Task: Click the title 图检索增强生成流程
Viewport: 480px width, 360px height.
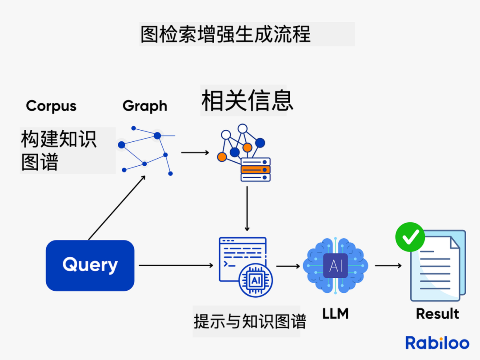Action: coord(225,34)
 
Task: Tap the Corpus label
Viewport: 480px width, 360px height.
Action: coord(51,106)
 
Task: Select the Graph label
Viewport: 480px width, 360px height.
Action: coord(145,106)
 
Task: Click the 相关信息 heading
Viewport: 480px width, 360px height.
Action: coord(247,100)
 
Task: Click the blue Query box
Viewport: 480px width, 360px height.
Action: coord(90,265)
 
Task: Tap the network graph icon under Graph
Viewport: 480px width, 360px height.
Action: coord(146,151)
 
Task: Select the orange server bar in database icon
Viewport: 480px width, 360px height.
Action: coord(256,169)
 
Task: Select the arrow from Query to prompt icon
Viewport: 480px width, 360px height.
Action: coord(176,265)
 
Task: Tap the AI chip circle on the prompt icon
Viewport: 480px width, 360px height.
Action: coord(256,280)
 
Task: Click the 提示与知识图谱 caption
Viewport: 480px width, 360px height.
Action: coord(250,321)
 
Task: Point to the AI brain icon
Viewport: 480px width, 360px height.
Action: coord(336,266)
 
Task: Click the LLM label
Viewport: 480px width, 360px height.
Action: coord(336,314)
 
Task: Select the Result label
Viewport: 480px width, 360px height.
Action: coord(437,314)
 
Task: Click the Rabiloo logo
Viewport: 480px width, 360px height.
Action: coord(437,343)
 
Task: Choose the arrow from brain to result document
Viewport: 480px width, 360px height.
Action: coord(388,266)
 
